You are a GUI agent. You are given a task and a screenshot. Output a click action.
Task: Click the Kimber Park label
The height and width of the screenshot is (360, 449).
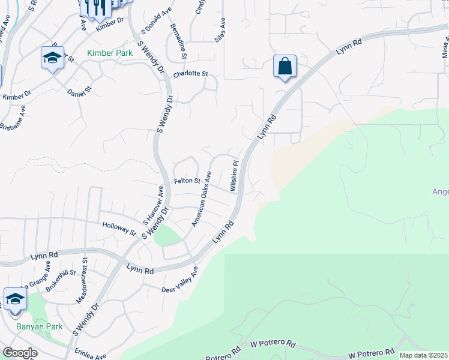tap(109, 53)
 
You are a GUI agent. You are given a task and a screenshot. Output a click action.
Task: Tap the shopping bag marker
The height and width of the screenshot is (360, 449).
tap(285, 66)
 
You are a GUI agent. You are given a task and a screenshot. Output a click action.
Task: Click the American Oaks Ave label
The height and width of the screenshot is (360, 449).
tap(202, 199)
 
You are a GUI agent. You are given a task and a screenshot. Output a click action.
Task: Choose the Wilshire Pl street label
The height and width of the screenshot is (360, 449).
tap(235, 175)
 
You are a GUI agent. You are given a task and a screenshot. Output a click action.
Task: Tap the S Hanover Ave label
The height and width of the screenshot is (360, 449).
tap(153, 205)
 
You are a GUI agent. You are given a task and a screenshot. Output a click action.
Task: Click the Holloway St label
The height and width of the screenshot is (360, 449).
tap(120, 228)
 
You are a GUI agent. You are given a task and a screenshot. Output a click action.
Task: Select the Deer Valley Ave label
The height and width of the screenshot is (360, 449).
tap(179, 281)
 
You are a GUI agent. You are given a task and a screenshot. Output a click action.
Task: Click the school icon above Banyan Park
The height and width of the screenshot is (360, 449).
tap(15, 299)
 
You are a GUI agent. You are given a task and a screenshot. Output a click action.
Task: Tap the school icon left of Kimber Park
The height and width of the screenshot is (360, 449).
tap(52, 58)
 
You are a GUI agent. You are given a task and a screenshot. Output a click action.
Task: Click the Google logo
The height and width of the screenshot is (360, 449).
tap(20, 353)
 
